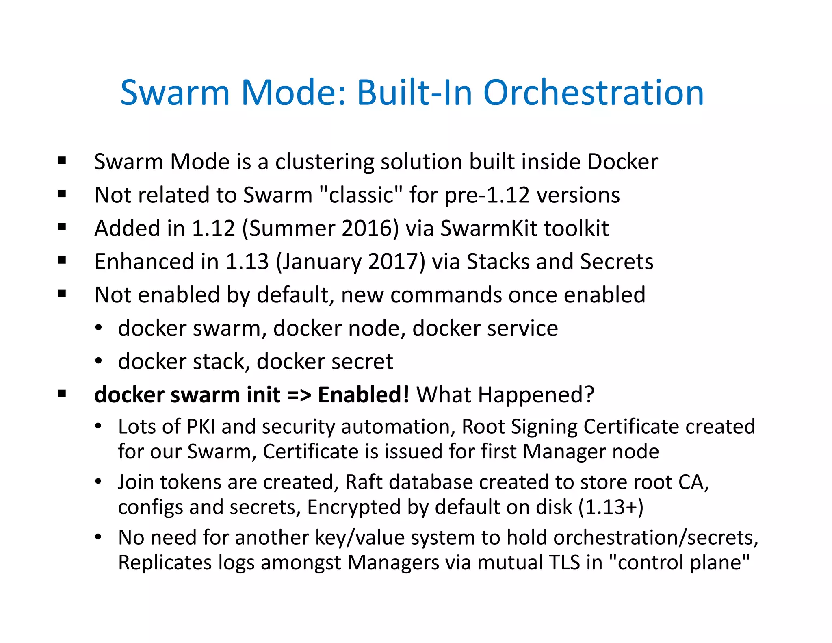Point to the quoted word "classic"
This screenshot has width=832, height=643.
pos(361,195)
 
